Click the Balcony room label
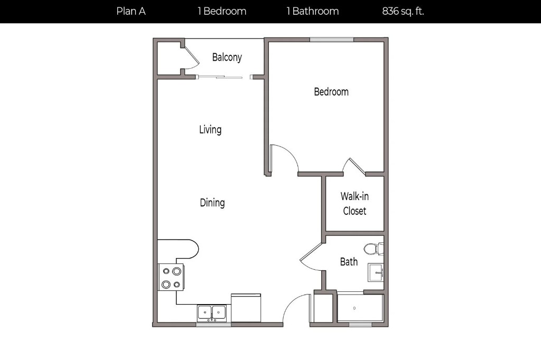pyautogui.click(x=227, y=57)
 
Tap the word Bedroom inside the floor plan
pyautogui.click(x=331, y=92)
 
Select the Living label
pyautogui.click(x=210, y=130)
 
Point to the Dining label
pyautogui.click(x=212, y=202)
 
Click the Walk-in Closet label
pyautogui.click(x=355, y=203)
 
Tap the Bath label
pyautogui.click(x=349, y=262)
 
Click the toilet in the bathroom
pyautogui.click(x=374, y=249)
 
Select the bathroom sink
pyautogui.click(x=376, y=272)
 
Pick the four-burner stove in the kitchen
pyautogui.click(x=171, y=277)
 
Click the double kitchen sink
pyautogui.click(x=212, y=313)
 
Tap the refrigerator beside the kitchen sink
pyautogui.click(x=246, y=308)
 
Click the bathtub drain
pyautogui.click(x=355, y=308)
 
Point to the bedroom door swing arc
pyautogui.click(x=290, y=154)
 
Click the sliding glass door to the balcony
pyautogui.click(x=219, y=77)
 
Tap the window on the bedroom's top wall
pyautogui.click(x=332, y=40)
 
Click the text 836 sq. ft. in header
pyautogui.click(x=403, y=12)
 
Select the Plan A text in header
pyautogui.click(x=131, y=12)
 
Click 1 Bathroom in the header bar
pyautogui.click(x=313, y=12)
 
